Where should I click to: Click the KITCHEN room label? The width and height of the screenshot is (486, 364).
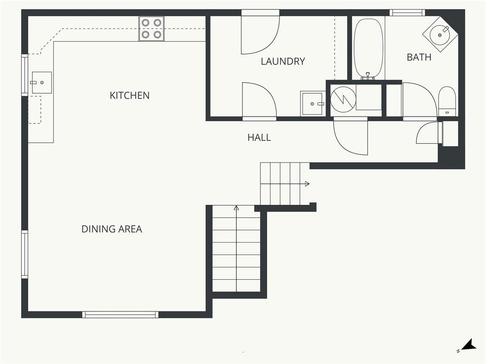click(130, 95)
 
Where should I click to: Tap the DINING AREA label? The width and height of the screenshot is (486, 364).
click(112, 229)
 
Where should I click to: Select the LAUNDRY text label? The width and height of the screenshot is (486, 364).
click(283, 61)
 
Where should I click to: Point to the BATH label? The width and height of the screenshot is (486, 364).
click(419, 57)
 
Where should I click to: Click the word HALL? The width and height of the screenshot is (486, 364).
click(259, 137)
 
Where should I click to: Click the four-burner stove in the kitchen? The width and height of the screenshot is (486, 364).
click(151, 28)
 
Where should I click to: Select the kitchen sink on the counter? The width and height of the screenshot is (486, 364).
click(42, 82)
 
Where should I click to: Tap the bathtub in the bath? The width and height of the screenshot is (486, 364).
click(368, 49)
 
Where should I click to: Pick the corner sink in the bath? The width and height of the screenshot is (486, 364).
click(440, 34)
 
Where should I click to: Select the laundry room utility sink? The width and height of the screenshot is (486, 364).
click(313, 103)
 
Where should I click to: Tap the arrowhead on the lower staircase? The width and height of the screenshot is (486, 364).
click(236, 208)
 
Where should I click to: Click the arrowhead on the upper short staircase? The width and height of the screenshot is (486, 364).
click(307, 184)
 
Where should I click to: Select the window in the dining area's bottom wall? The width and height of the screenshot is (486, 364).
click(120, 315)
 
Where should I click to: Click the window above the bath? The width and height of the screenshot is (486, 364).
click(407, 13)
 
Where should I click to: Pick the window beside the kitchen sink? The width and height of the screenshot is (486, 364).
click(25, 75)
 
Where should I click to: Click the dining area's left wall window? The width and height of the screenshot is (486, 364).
click(25, 255)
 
